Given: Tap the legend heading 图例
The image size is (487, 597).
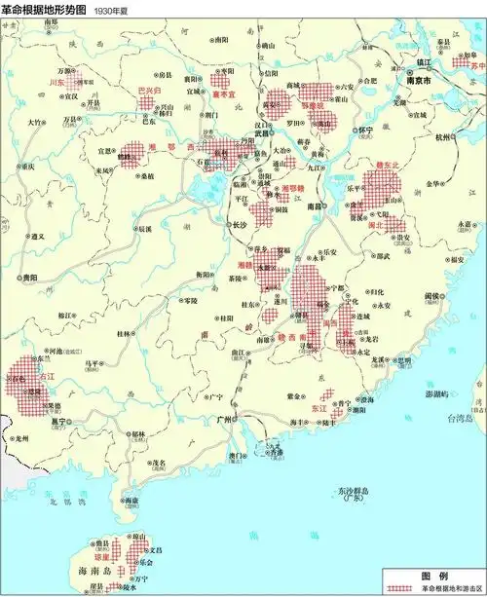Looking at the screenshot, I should pos(432,575).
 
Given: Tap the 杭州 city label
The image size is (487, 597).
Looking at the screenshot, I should pos(443,138).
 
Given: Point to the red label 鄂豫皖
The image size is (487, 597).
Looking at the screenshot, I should pos(310,104).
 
